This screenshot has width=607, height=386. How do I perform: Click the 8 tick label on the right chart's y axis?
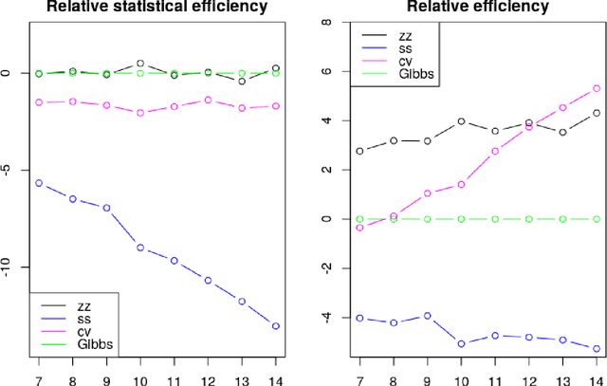(x=326, y=23)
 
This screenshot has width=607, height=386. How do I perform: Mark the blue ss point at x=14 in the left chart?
(x=276, y=326)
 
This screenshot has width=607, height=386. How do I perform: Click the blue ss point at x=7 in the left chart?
(x=39, y=183)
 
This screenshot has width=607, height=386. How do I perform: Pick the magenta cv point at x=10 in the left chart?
(x=140, y=113)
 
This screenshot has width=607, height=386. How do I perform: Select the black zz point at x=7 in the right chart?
(x=359, y=151)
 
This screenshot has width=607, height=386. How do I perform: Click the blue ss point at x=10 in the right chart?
(x=461, y=344)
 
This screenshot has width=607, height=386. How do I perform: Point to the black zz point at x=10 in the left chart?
(x=140, y=64)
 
